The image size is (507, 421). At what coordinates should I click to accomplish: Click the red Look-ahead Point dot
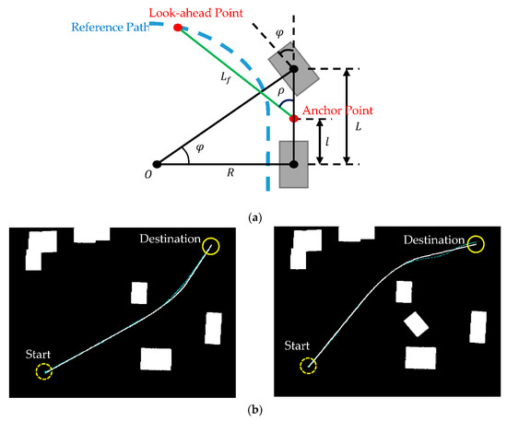coord(177,27)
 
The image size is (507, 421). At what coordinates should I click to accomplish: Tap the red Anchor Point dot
coord(293,118)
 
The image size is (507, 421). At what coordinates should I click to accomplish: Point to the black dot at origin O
coord(157,165)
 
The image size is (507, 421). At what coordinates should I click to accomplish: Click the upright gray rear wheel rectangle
coord(293,163)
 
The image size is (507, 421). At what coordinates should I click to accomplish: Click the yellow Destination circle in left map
coord(211,246)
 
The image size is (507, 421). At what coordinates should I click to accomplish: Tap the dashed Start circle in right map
coord(308,367)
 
